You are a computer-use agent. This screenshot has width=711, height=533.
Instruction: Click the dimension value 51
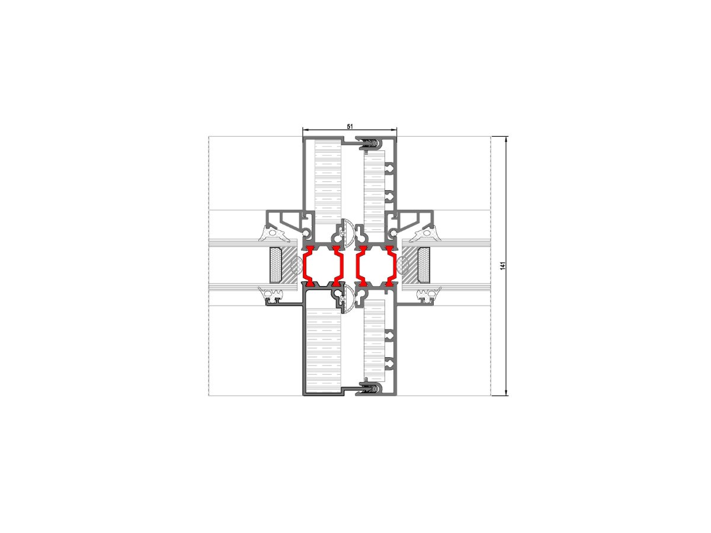[350, 126]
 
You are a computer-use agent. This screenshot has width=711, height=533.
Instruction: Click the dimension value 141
[502, 266]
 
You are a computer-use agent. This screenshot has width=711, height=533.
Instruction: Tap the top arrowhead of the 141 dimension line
[506, 140]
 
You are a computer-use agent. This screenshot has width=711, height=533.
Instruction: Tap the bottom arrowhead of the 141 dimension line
[506, 392]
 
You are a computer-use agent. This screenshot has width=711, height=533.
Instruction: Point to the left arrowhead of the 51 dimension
[306, 130]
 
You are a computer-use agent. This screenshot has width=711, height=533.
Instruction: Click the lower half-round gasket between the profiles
[345, 299]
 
